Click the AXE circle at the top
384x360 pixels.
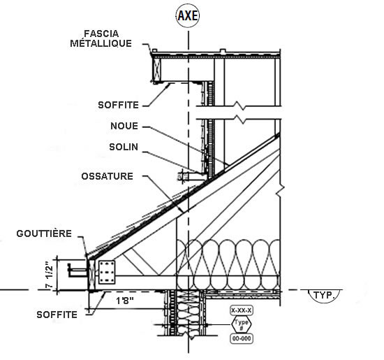188,15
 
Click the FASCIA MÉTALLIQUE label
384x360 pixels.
101,38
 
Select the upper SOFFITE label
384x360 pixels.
118,105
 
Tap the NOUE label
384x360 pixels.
124,126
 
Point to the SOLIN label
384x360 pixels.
124,147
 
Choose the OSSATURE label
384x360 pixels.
108,176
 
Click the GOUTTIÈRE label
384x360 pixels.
44,233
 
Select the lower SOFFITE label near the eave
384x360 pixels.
57,315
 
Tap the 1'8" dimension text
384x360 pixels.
125,301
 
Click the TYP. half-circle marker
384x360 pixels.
325,296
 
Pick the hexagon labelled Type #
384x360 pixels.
242,324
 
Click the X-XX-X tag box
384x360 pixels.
242,310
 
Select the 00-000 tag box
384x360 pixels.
242,338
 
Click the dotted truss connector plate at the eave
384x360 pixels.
107,272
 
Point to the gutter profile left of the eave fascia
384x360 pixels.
77,271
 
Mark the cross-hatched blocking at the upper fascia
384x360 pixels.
156,69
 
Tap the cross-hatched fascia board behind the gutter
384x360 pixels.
91,275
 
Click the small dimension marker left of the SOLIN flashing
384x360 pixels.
183,176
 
